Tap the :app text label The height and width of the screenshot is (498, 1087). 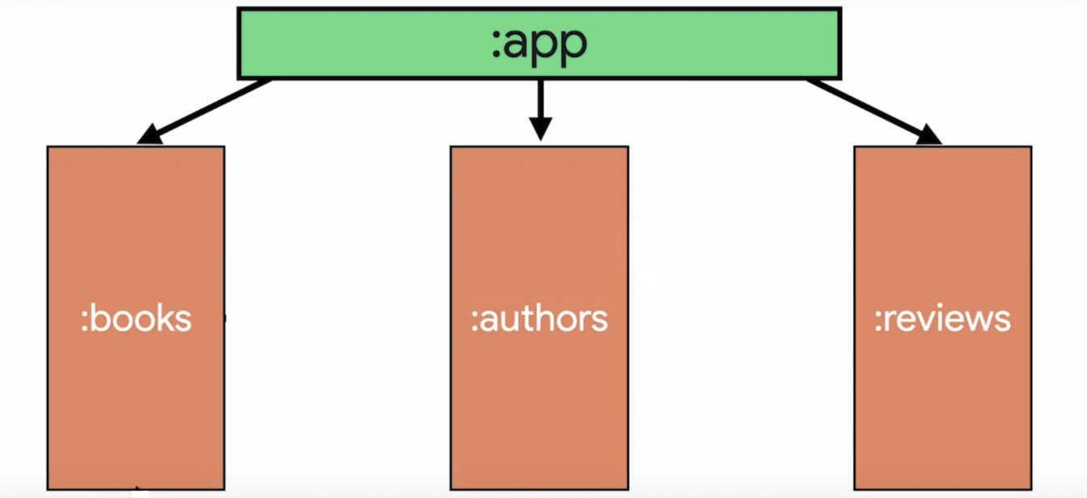[x=539, y=44]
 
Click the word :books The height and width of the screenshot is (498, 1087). [x=137, y=319]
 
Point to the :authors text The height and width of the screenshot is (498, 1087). [x=539, y=319]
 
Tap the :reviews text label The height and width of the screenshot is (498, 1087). [x=943, y=319]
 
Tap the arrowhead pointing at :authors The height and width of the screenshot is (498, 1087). [x=540, y=129]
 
